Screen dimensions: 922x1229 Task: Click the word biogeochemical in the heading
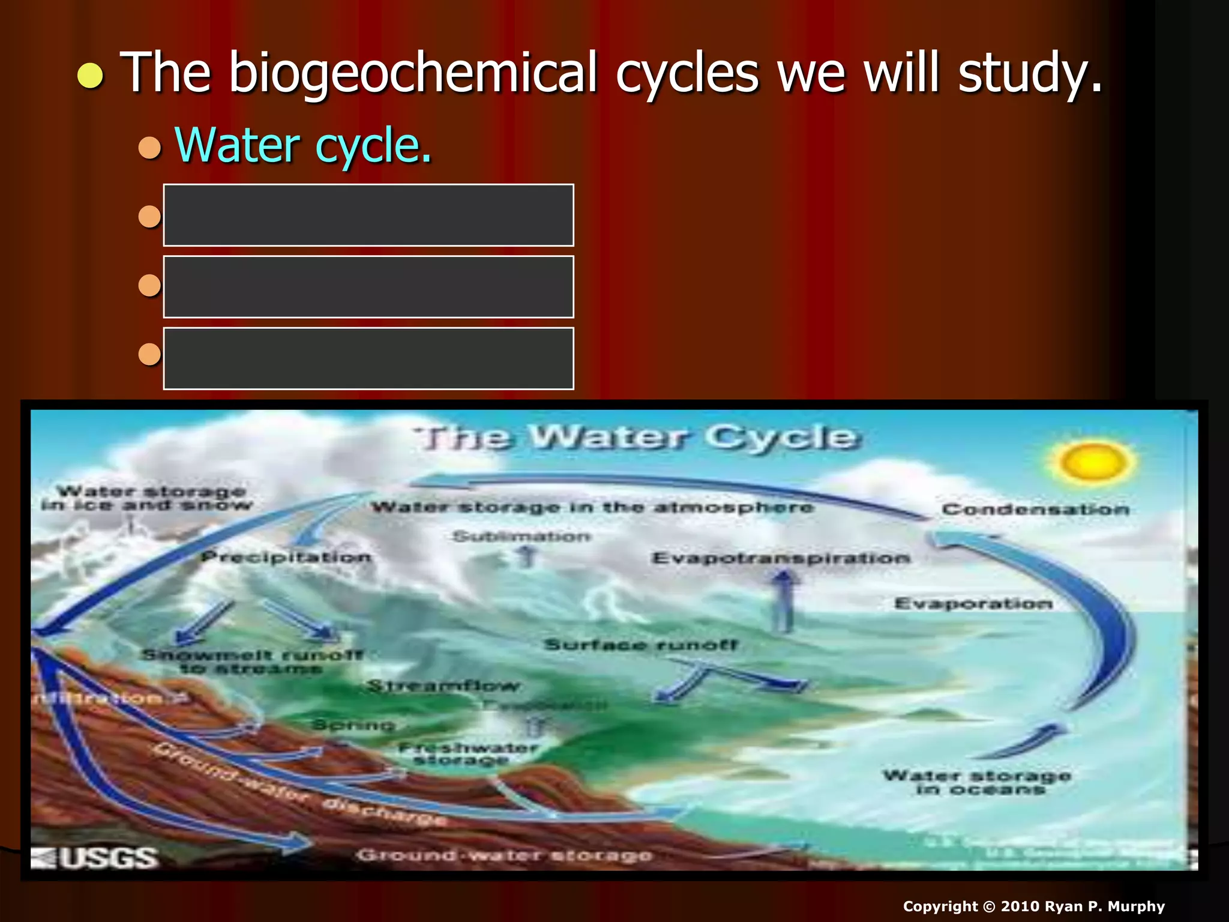click(414, 73)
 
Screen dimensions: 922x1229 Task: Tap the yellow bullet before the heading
click(90, 76)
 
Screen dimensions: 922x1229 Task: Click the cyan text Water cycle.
click(303, 146)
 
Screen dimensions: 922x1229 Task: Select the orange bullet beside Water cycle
click(149, 147)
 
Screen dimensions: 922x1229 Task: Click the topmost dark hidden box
click(368, 215)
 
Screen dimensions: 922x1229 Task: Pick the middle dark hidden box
click(368, 286)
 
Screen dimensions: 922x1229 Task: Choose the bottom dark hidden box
click(368, 358)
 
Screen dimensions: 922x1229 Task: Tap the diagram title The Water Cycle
click(639, 437)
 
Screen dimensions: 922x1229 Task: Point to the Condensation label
click(1035, 510)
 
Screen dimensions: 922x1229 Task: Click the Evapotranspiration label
click(781, 558)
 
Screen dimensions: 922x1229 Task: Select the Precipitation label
click(286, 557)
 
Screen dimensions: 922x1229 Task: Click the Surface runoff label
click(640, 645)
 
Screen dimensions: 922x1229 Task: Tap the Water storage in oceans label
click(977, 782)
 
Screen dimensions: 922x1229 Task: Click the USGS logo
click(95, 857)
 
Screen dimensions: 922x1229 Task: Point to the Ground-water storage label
click(504, 855)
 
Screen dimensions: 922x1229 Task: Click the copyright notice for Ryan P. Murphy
click(1033, 906)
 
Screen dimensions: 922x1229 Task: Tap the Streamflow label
click(443, 685)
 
